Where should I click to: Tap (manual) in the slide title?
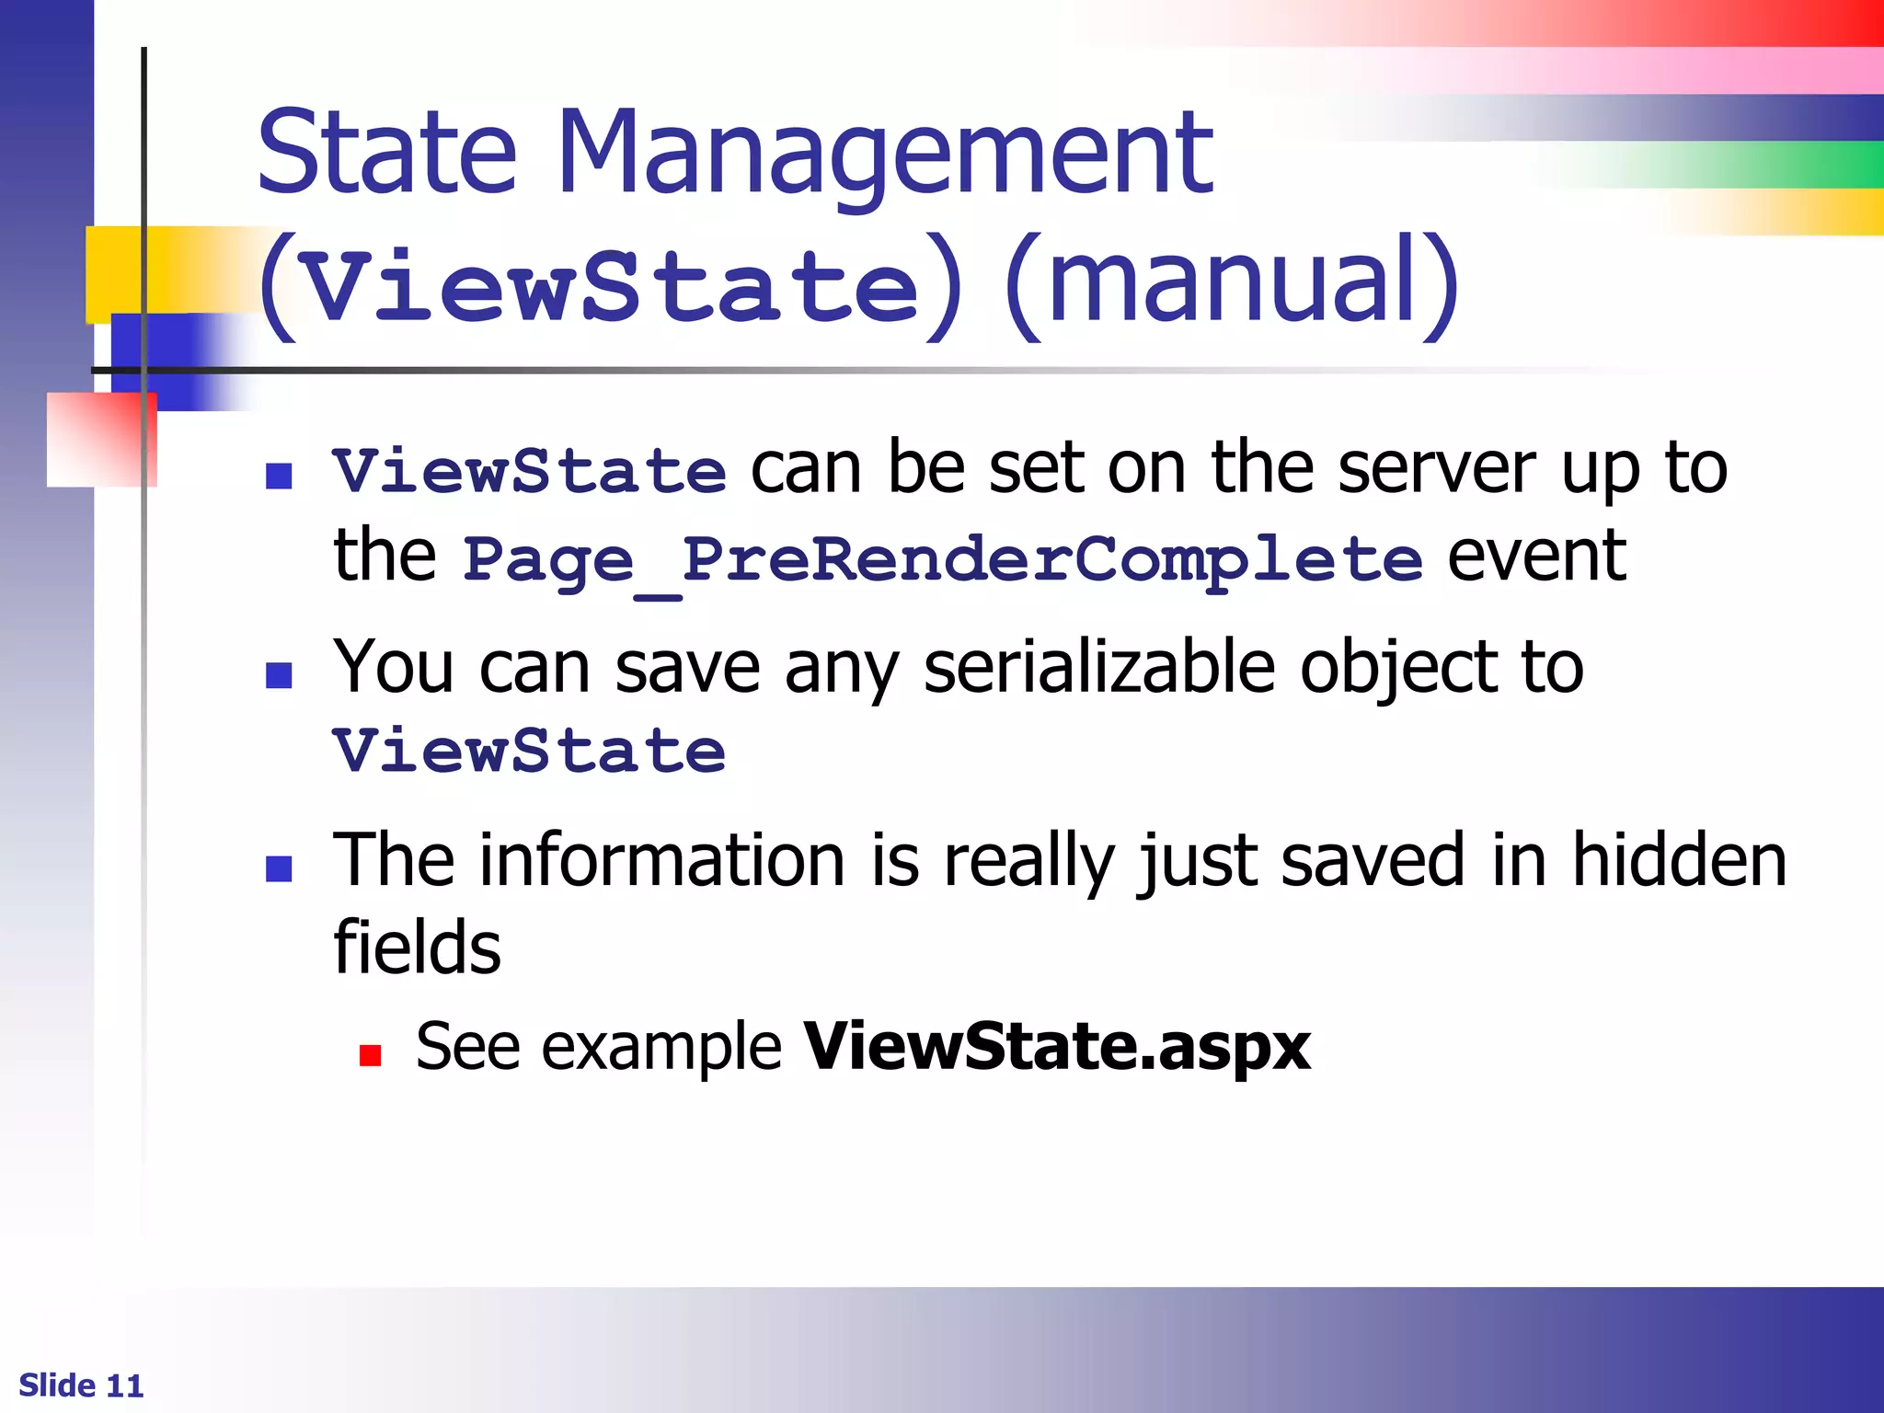1233,281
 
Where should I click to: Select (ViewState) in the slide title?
611,285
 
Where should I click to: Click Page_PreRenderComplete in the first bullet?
942,559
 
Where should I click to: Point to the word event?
1536,557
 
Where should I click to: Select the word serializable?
1099,667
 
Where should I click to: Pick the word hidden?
1679,860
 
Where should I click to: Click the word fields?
417,948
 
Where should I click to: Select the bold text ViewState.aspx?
1056,1047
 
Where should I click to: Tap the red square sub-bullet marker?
370,1054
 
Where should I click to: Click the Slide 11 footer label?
81,1385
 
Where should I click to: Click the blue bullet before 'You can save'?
279,675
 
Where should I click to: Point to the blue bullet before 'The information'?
279,868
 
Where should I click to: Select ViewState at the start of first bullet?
529,472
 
